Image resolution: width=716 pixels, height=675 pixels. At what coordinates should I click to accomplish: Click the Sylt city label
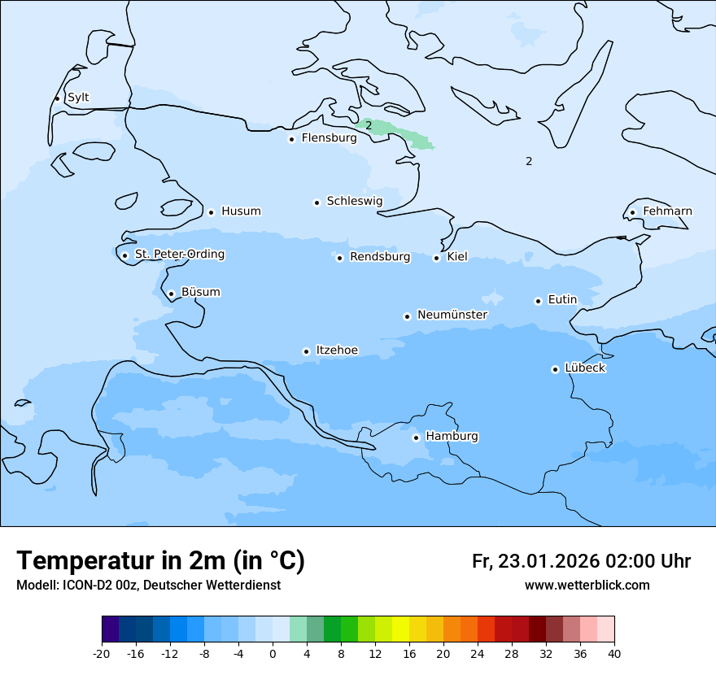pos(78,98)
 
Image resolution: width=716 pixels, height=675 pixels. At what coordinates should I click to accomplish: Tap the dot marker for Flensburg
pos(291,139)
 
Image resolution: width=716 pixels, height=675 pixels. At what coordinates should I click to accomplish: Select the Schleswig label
pos(354,201)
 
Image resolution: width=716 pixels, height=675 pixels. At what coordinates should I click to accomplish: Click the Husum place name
pos(241,211)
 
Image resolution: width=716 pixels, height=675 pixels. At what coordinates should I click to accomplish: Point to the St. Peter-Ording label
pos(179,255)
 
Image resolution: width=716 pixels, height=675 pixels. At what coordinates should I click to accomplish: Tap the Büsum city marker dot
pos(171,294)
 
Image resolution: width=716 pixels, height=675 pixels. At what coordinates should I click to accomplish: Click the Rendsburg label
pos(380,257)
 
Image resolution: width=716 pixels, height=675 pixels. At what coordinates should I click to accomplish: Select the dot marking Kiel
pos(436,258)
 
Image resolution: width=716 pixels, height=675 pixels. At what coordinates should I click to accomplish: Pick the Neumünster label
pos(452,315)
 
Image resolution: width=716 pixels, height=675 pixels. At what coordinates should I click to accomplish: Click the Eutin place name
pos(562,300)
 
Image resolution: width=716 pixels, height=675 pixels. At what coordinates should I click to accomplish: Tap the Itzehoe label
pos(337,351)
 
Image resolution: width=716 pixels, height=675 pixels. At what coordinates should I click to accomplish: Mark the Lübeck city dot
pos(555,369)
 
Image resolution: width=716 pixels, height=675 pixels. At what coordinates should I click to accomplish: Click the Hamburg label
pos(452,437)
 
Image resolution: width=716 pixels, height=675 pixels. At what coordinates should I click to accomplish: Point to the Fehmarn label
pos(667,211)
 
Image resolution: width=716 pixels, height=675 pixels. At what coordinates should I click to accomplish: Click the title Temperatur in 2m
pos(160,561)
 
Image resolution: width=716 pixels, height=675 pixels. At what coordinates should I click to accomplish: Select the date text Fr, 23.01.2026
pos(535,561)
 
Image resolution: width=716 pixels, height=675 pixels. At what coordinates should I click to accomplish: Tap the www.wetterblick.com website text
pos(587,586)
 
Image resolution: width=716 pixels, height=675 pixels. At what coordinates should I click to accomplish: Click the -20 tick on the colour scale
pos(102,654)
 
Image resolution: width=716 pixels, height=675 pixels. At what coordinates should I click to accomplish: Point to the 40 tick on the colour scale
pos(614,654)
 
